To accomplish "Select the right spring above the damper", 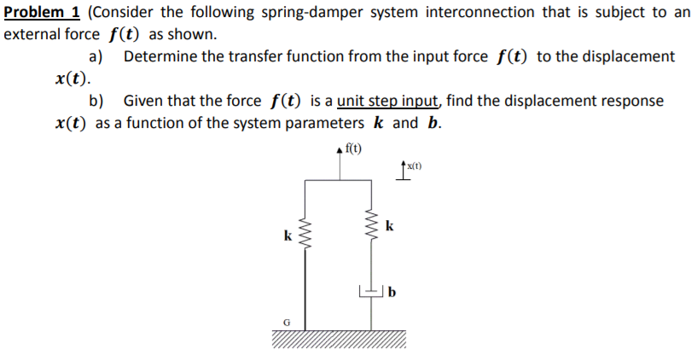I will click(371, 229).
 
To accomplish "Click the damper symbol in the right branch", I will click(371, 293).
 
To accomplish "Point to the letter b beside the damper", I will click(392, 294).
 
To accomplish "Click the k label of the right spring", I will click(389, 226).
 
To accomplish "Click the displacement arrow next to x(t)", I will click(402, 171).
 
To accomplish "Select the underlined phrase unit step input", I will click(389, 101).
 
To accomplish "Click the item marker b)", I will click(96, 101).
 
